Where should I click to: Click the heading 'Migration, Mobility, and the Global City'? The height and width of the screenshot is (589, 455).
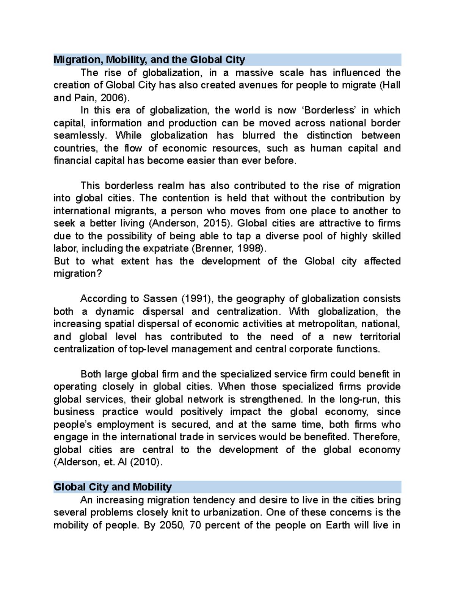[149, 60]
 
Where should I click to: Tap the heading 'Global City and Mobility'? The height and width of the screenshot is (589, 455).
[113, 487]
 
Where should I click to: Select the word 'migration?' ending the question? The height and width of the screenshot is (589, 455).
[78, 274]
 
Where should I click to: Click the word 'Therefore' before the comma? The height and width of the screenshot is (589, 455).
[375, 437]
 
